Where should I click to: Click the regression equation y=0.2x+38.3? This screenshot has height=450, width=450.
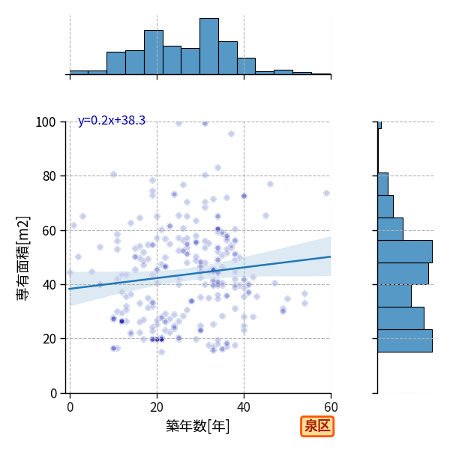tap(112, 121)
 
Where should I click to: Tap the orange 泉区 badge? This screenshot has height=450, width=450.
tap(317, 426)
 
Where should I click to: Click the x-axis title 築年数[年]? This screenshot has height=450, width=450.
tap(198, 426)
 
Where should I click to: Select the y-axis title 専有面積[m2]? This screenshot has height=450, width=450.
tap(23, 258)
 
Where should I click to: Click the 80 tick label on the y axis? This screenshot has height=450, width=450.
tap(49, 176)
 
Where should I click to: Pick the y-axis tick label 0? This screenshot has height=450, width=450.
tap(53, 394)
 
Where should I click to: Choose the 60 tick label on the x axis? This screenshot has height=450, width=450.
tap(331, 407)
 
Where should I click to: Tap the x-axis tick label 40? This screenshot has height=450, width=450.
tap(244, 407)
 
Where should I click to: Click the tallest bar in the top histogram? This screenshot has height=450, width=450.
tap(209, 46)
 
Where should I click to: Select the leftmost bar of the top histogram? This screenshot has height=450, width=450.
tap(79, 73)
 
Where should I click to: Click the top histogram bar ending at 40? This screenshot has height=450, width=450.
tap(228, 58)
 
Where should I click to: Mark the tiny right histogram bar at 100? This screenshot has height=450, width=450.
tap(379, 125)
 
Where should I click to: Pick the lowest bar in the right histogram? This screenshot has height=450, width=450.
tap(405, 341)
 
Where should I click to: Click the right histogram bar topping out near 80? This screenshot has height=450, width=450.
tap(382, 184)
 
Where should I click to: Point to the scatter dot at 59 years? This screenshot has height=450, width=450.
tap(326, 193)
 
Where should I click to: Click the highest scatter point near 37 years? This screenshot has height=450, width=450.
tap(231, 133)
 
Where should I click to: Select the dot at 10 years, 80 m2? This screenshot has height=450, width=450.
tap(114, 175)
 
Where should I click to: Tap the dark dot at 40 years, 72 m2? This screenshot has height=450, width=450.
tap(244, 196)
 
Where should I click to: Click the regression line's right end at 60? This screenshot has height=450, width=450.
tap(331, 256)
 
